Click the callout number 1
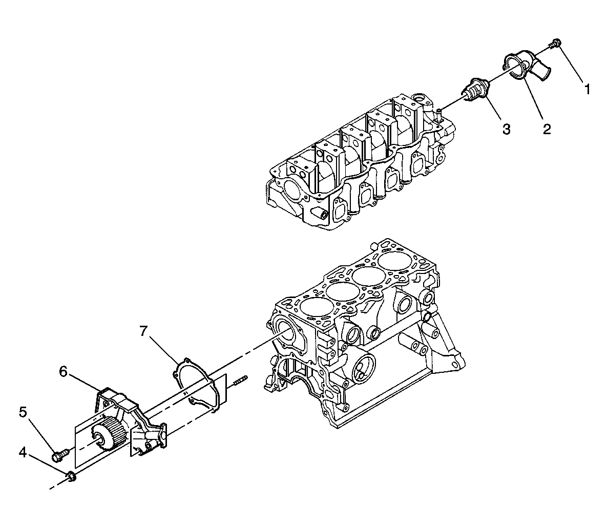click(588, 90)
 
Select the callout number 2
click(547, 129)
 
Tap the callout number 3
click(506, 129)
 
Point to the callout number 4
click(23, 452)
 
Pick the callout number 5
click(23, 412)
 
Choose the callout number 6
click(64, 371)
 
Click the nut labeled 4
click(71, 477)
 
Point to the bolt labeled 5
click(58, 453)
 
